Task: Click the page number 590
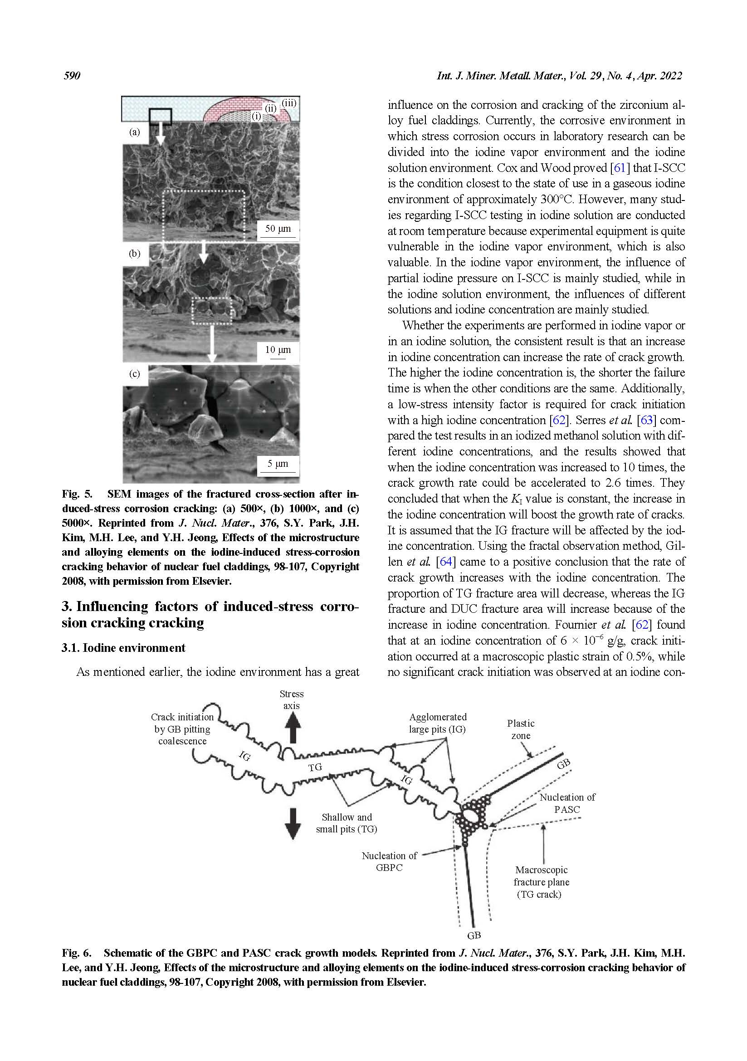coord(72,76)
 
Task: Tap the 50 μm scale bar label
coord(278,229)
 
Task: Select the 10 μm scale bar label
coord(278,350)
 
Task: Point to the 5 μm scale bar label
coord(278,464)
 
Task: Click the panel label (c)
coord(134,374)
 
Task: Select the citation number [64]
coord(445,562)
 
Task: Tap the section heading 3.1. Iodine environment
coord(123,648)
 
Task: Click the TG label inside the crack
coord(315,768)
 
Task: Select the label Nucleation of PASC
coord(567,803)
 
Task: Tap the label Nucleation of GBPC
coord(389,861)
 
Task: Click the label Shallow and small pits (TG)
coord(347,823)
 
